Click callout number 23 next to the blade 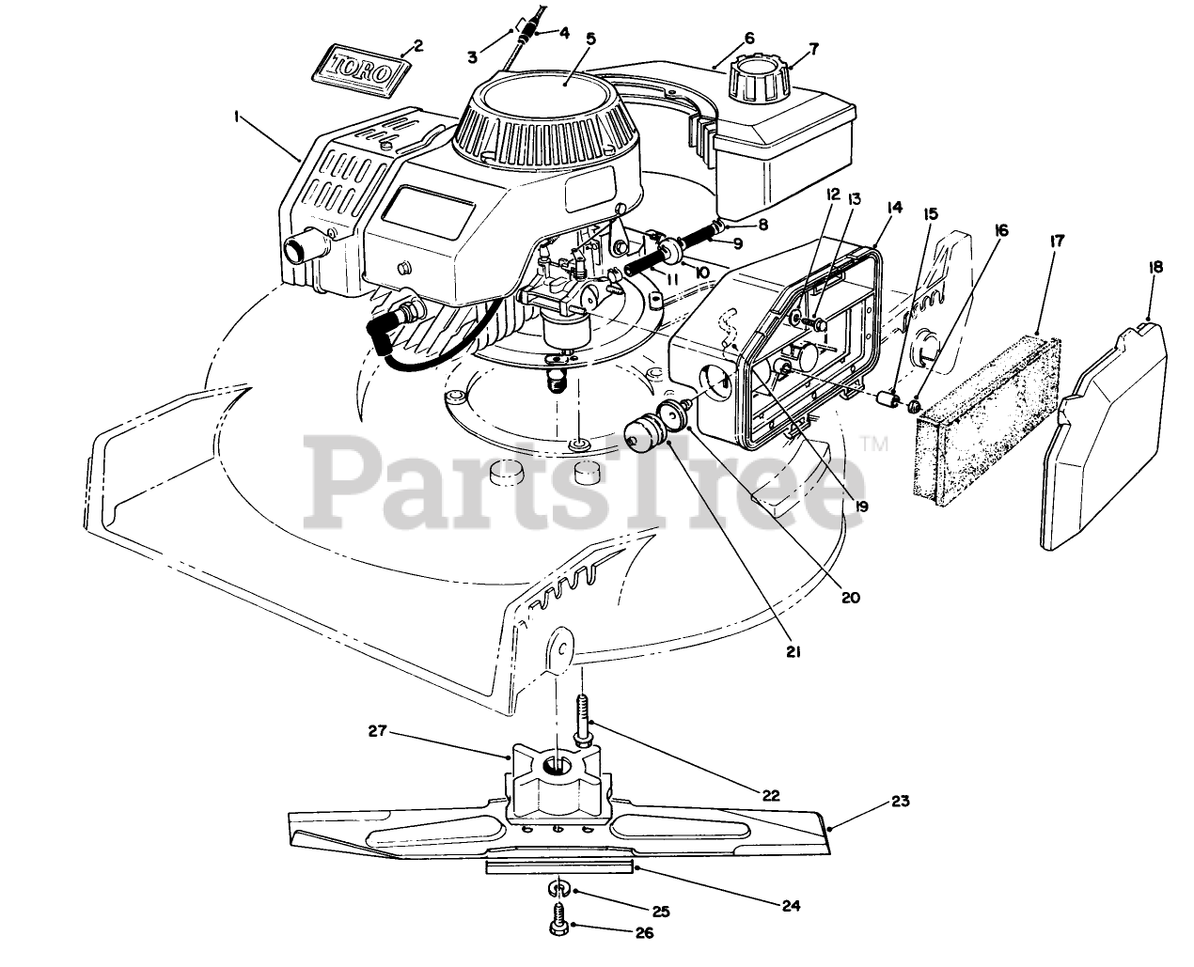click(901, 802)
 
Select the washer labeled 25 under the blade click(558, 888)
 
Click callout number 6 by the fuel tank click(749, 38)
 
